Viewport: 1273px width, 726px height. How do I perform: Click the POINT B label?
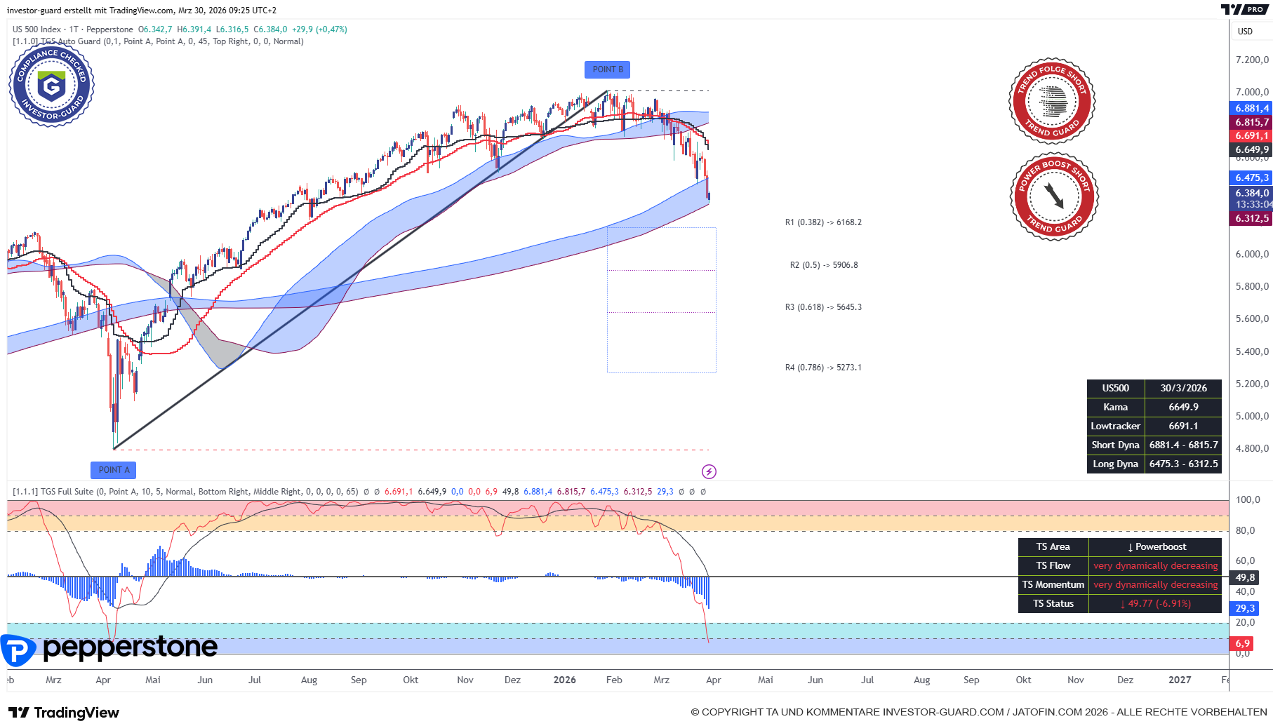pyautogui.click(x=607, y=69)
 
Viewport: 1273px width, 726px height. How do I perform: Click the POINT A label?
pyautogui.click(x=113, y=470)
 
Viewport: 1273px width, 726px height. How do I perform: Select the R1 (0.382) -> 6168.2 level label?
pyautogui.click(x=823, y=222)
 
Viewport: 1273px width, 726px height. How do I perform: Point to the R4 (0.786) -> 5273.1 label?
pyautogui.click(x=823, y=368)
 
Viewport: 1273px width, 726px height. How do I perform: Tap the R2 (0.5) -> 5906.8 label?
pyautogui.click(x=824, y=265)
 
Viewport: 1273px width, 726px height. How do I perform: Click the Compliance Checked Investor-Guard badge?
pyautogui.click(x=52, y=86)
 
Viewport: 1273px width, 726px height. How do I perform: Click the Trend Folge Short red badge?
pyautogui.click(x=1052, y=101)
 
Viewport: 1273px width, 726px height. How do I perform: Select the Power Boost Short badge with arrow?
pyautogui.click(x=1054, y=196)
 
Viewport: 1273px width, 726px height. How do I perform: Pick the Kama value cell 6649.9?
pyautogui.click(x=1183, y=408)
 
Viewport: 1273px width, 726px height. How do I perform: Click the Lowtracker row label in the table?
pyautogui.click(x=1115, y=426)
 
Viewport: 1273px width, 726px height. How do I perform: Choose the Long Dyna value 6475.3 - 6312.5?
pyautogui.click(x=1183, y=464)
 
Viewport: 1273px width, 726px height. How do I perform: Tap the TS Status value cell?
pyautogui.click(x=1155, y=604)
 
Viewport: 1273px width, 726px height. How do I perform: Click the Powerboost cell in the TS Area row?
pyautogui.click(x=1155, y=547)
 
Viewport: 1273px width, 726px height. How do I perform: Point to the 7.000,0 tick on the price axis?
pyautogui.click(x=1252, y=92)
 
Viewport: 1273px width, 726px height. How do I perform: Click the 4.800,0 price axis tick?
pyautogui.click(x=1252, y=448)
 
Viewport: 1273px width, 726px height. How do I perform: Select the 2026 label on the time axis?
pyautogui.click(x=564, y=680)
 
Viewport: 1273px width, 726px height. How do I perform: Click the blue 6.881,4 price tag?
pyautogui.click(x=1252, y=108)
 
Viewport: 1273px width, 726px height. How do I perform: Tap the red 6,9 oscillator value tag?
pyautogui.click(x=1242, y=643)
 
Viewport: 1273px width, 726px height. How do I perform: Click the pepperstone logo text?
pyautogui.click(x=130, y=647)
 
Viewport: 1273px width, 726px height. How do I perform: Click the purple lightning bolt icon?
pyautogui.click(x=709, y=471)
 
